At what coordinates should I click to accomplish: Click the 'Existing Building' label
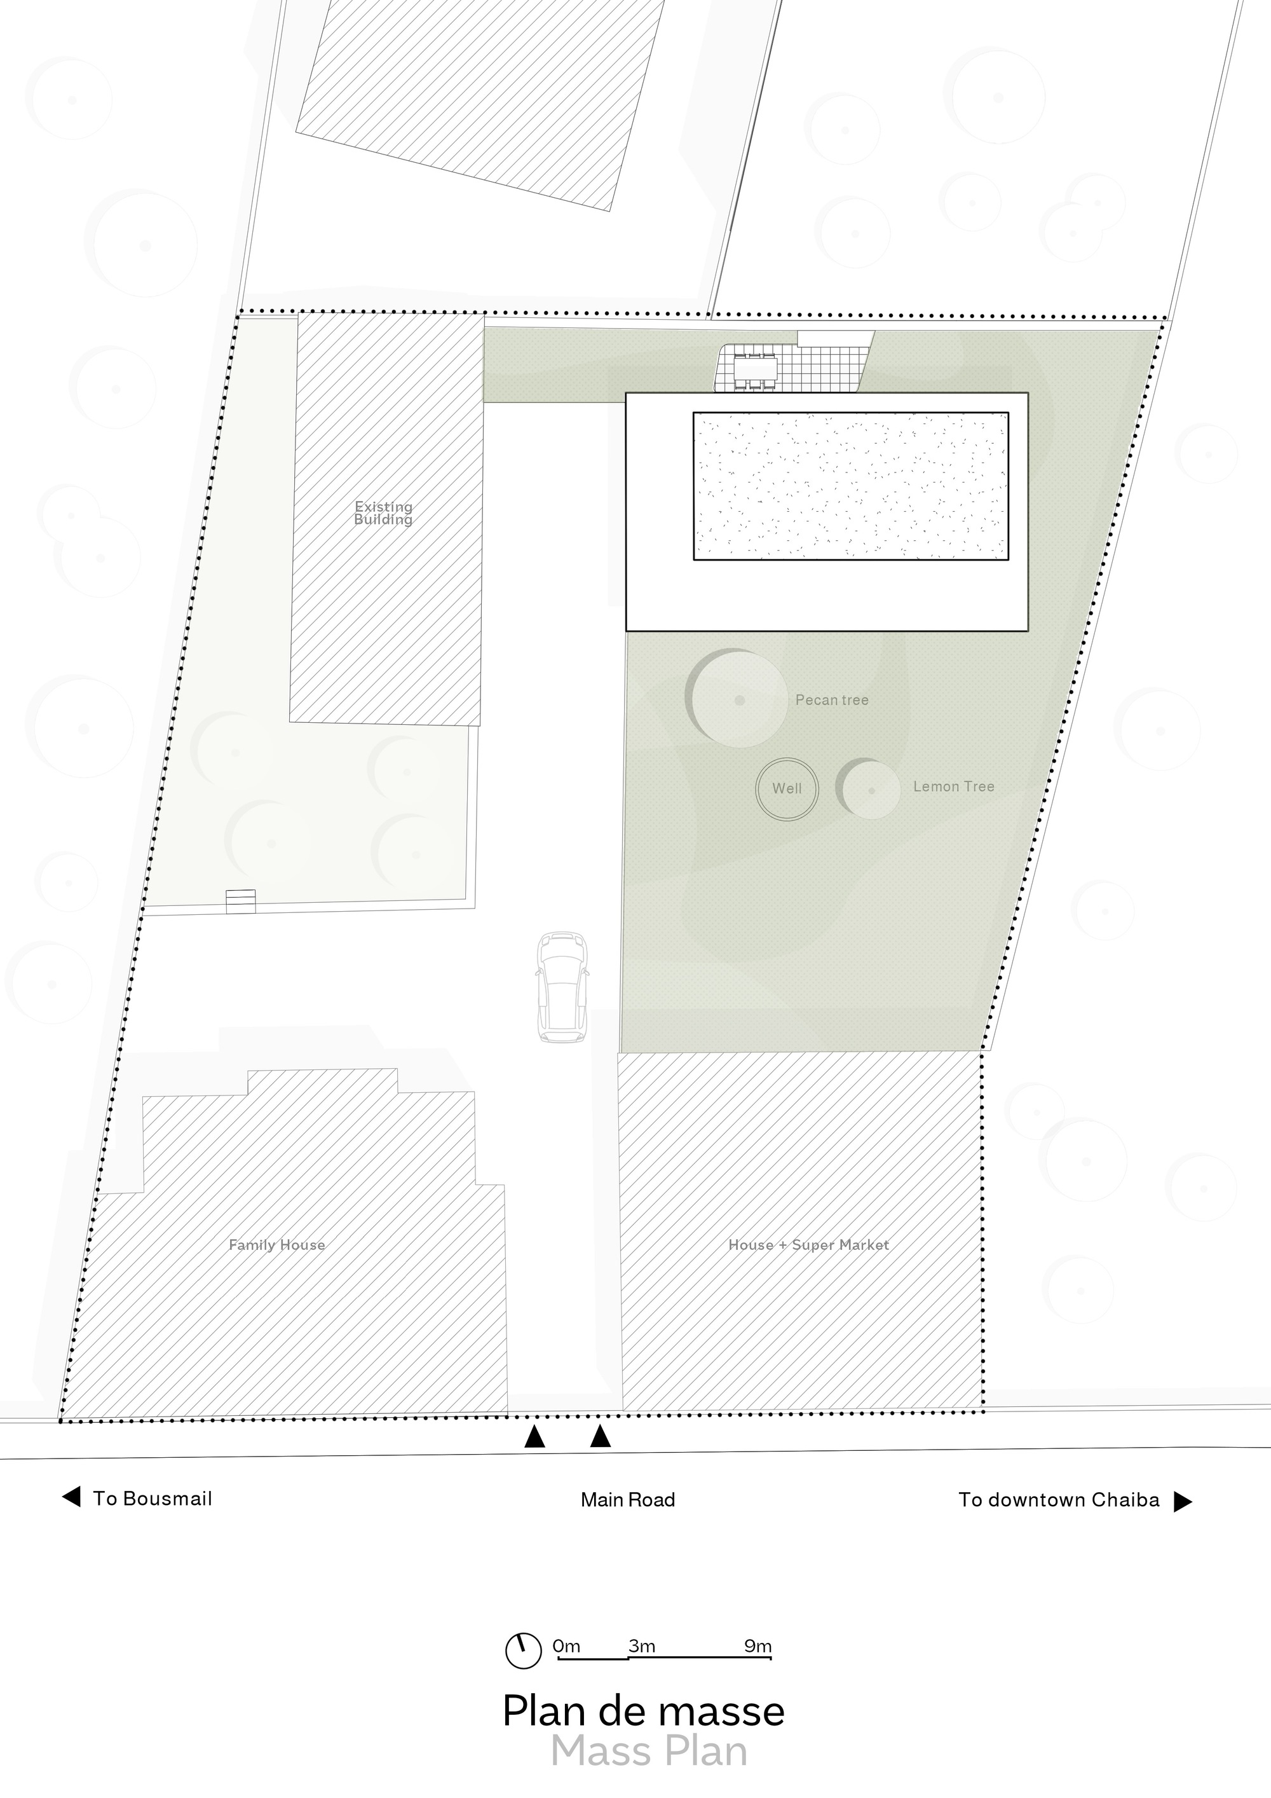click(383, 513)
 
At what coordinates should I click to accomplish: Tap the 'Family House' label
click(277, 1244)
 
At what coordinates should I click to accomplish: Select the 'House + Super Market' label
click(808, 1244)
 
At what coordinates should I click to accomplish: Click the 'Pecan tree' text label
click(832, 700)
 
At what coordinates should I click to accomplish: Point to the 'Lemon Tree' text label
click(953, 786)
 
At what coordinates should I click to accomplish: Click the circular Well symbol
click(787, 788)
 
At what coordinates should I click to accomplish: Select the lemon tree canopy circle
click(870, 790)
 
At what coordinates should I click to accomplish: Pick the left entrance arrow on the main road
click(534, 1437)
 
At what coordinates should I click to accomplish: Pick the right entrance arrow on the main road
click(601, 1437)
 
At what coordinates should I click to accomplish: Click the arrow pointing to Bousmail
click(71, 1497)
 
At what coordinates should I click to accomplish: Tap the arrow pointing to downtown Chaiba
click(1183, 1501)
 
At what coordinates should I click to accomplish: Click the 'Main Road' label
click(628, 1500)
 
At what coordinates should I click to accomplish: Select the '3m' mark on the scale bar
click(642, 1646)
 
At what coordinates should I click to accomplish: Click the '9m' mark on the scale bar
click(758, 1646)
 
